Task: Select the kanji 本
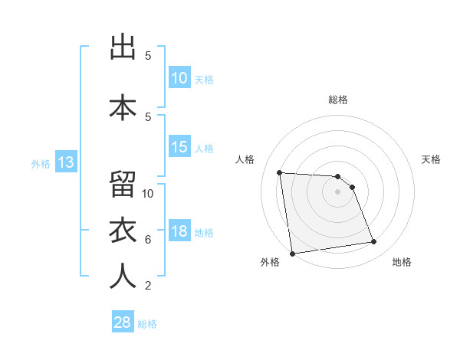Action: [123, 107]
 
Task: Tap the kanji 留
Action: [123, 184]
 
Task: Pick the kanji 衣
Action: [123, 231]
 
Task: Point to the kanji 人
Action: [123, 277]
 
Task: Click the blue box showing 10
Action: [179, 77]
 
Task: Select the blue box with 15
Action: [179, 147]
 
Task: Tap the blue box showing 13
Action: [65, 162]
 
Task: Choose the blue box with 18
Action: [179, 231]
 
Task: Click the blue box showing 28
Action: [123, 322]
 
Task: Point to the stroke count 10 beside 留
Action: [148, 193]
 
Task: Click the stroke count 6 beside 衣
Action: [148, 239]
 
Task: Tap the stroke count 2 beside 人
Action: [148, 286]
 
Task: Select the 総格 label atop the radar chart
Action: [338, 100]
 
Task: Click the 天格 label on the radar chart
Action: [432, 159]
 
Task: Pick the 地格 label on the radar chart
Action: [402, 262]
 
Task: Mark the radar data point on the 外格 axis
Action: [292, 254]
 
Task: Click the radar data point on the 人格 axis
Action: [280, 172]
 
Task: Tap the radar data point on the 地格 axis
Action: [374, 242]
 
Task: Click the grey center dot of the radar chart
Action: [338, 191]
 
